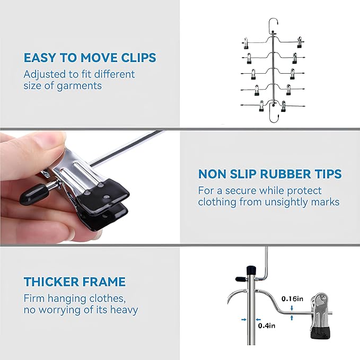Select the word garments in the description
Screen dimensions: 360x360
(79, 86)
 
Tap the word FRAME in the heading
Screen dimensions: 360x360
(103, 282)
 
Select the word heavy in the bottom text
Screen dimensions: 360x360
(124, 310)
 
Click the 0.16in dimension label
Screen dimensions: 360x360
(292, 298)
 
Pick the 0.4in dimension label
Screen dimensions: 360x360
(267, 326)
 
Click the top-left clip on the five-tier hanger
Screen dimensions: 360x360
(245, 43)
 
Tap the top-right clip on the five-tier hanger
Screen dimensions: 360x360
(300, 42)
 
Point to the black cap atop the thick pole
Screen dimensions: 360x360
(251, 269)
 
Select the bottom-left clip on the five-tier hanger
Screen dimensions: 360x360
(261, 106)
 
